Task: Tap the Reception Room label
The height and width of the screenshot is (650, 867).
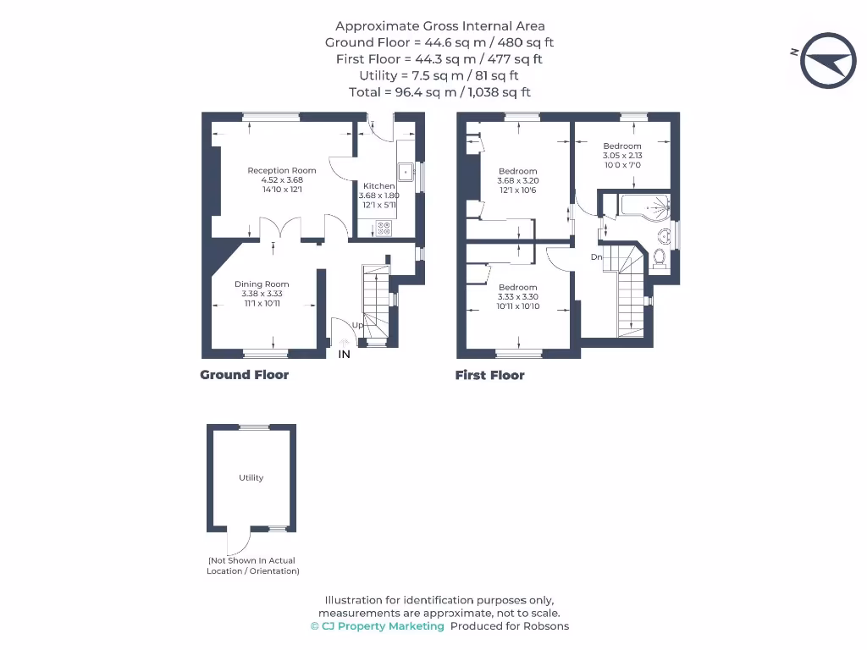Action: click(282, 171)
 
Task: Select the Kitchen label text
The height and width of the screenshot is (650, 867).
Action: click(378, 186)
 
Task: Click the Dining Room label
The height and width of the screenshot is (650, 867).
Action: click(262, 284)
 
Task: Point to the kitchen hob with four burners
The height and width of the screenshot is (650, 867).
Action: click(384, 227)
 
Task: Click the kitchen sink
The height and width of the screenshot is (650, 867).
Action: click(406, 172)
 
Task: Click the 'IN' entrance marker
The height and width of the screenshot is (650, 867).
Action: click(345, 355)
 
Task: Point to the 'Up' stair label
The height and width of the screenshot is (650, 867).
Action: click(357, 325)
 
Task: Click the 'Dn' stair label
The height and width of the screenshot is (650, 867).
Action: click(596, 257)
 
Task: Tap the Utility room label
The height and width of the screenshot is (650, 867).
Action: click(251, 478)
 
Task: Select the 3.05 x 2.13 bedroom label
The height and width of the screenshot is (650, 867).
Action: click(622, 156)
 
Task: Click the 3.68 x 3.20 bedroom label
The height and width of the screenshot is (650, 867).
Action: click(517, 180)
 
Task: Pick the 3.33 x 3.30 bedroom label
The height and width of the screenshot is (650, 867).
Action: click(517, 296)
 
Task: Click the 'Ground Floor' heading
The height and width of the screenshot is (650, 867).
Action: click(244, 375)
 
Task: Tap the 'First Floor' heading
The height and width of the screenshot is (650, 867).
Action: click(489, 375)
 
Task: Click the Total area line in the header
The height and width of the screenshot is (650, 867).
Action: click(439, 92)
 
